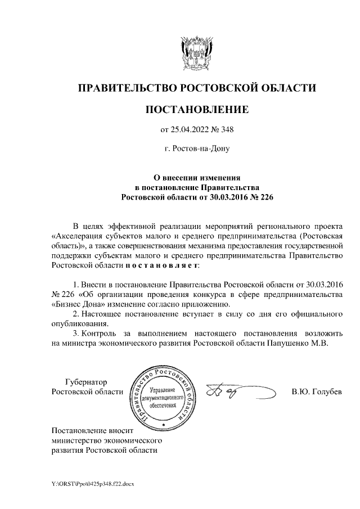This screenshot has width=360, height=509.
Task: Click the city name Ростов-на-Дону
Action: (x=197, y=150)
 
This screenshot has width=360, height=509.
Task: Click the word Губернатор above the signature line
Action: (x=86, y=381)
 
